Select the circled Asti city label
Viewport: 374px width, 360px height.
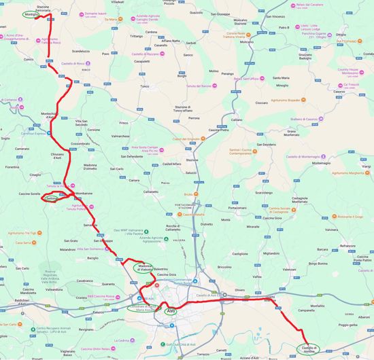coord(171,311)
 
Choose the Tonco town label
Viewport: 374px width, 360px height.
coord(144,86)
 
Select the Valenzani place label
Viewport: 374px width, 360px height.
coord(290,270)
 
